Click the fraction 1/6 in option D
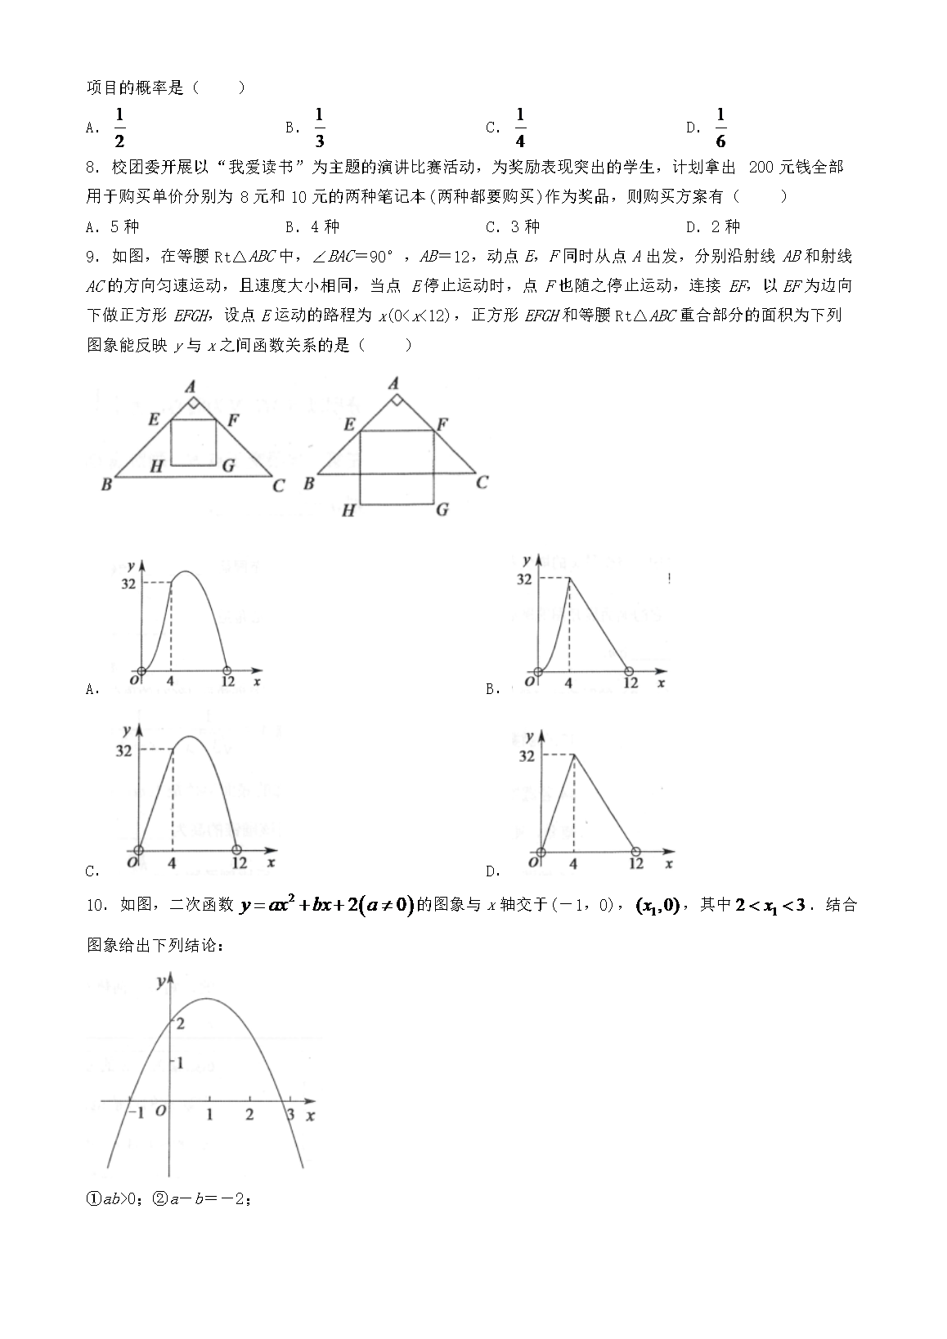click(720, 128)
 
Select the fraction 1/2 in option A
click(119, 128)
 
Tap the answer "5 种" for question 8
click(124, 227)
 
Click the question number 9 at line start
click(92, 257)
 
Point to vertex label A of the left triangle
click(191, 386)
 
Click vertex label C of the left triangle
click(279, 486)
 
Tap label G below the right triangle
click(442, 509)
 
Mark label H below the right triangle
click(348, 511)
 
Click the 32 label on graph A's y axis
click(128, 583)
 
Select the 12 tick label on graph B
click(630, 683)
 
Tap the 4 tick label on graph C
click(172, 863)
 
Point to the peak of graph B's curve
click(568, 578)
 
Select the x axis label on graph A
click(258, 680)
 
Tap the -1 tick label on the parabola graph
click(136, 1113)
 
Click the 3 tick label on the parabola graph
click(289, 1113)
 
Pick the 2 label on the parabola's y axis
click(180, 1023)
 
